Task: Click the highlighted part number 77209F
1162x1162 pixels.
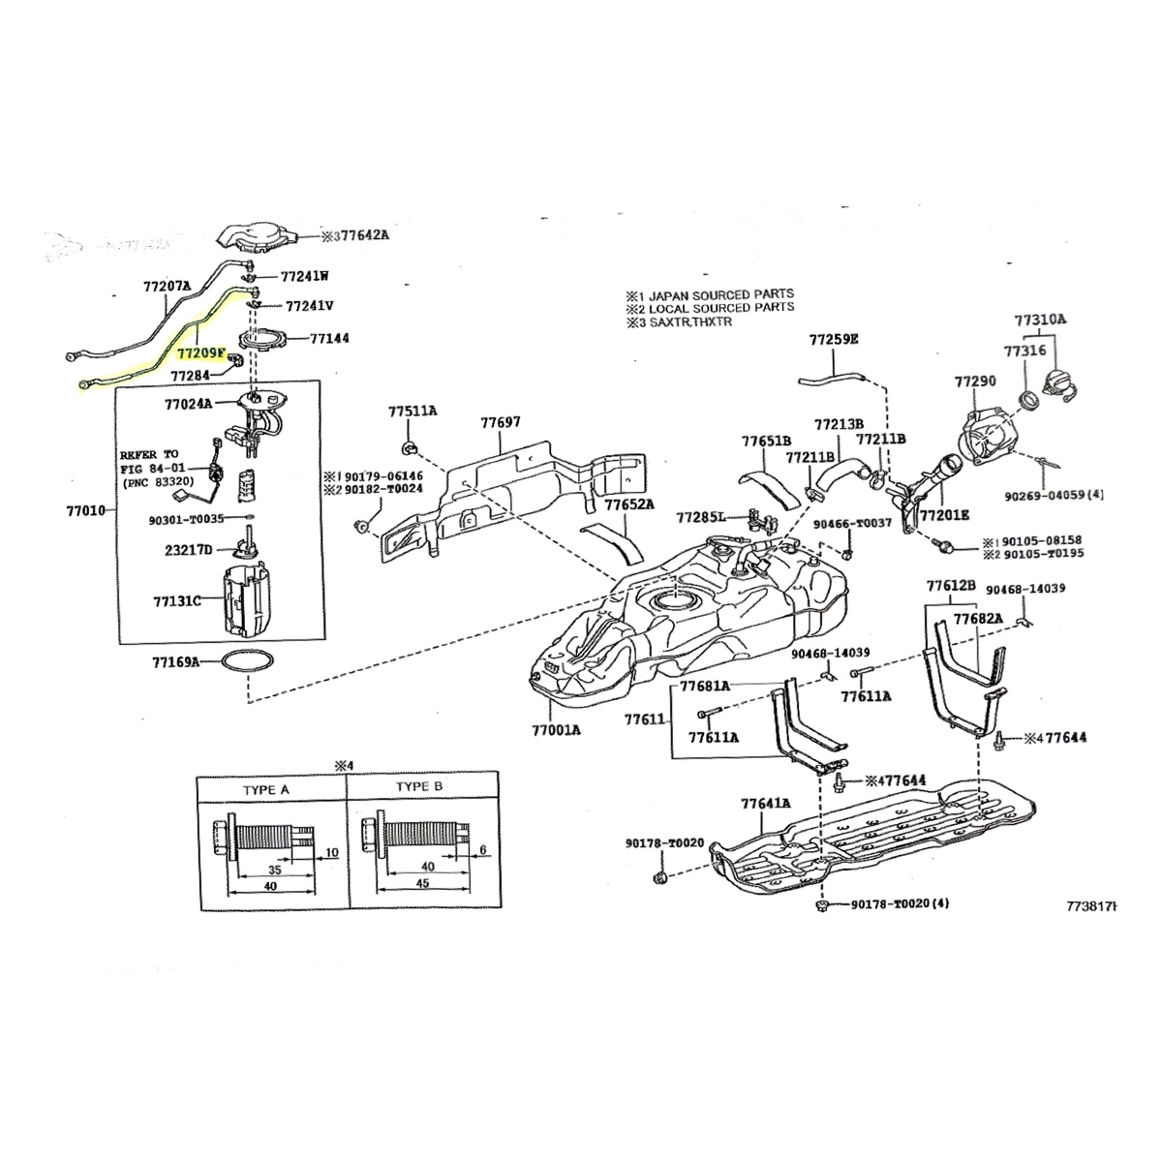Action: (200, 354)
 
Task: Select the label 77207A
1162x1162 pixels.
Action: (167, 287)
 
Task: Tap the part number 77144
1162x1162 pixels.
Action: (330, 339)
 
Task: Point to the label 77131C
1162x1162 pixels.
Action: (176, 601)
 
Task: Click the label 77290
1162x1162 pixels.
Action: (974, 382)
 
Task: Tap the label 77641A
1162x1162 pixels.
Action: (766, 803)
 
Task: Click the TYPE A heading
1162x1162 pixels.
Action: (265, 789)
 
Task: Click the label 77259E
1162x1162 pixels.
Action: (834, 340)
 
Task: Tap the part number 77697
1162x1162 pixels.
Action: (501, 422)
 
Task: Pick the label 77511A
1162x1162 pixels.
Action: (413, 412)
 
